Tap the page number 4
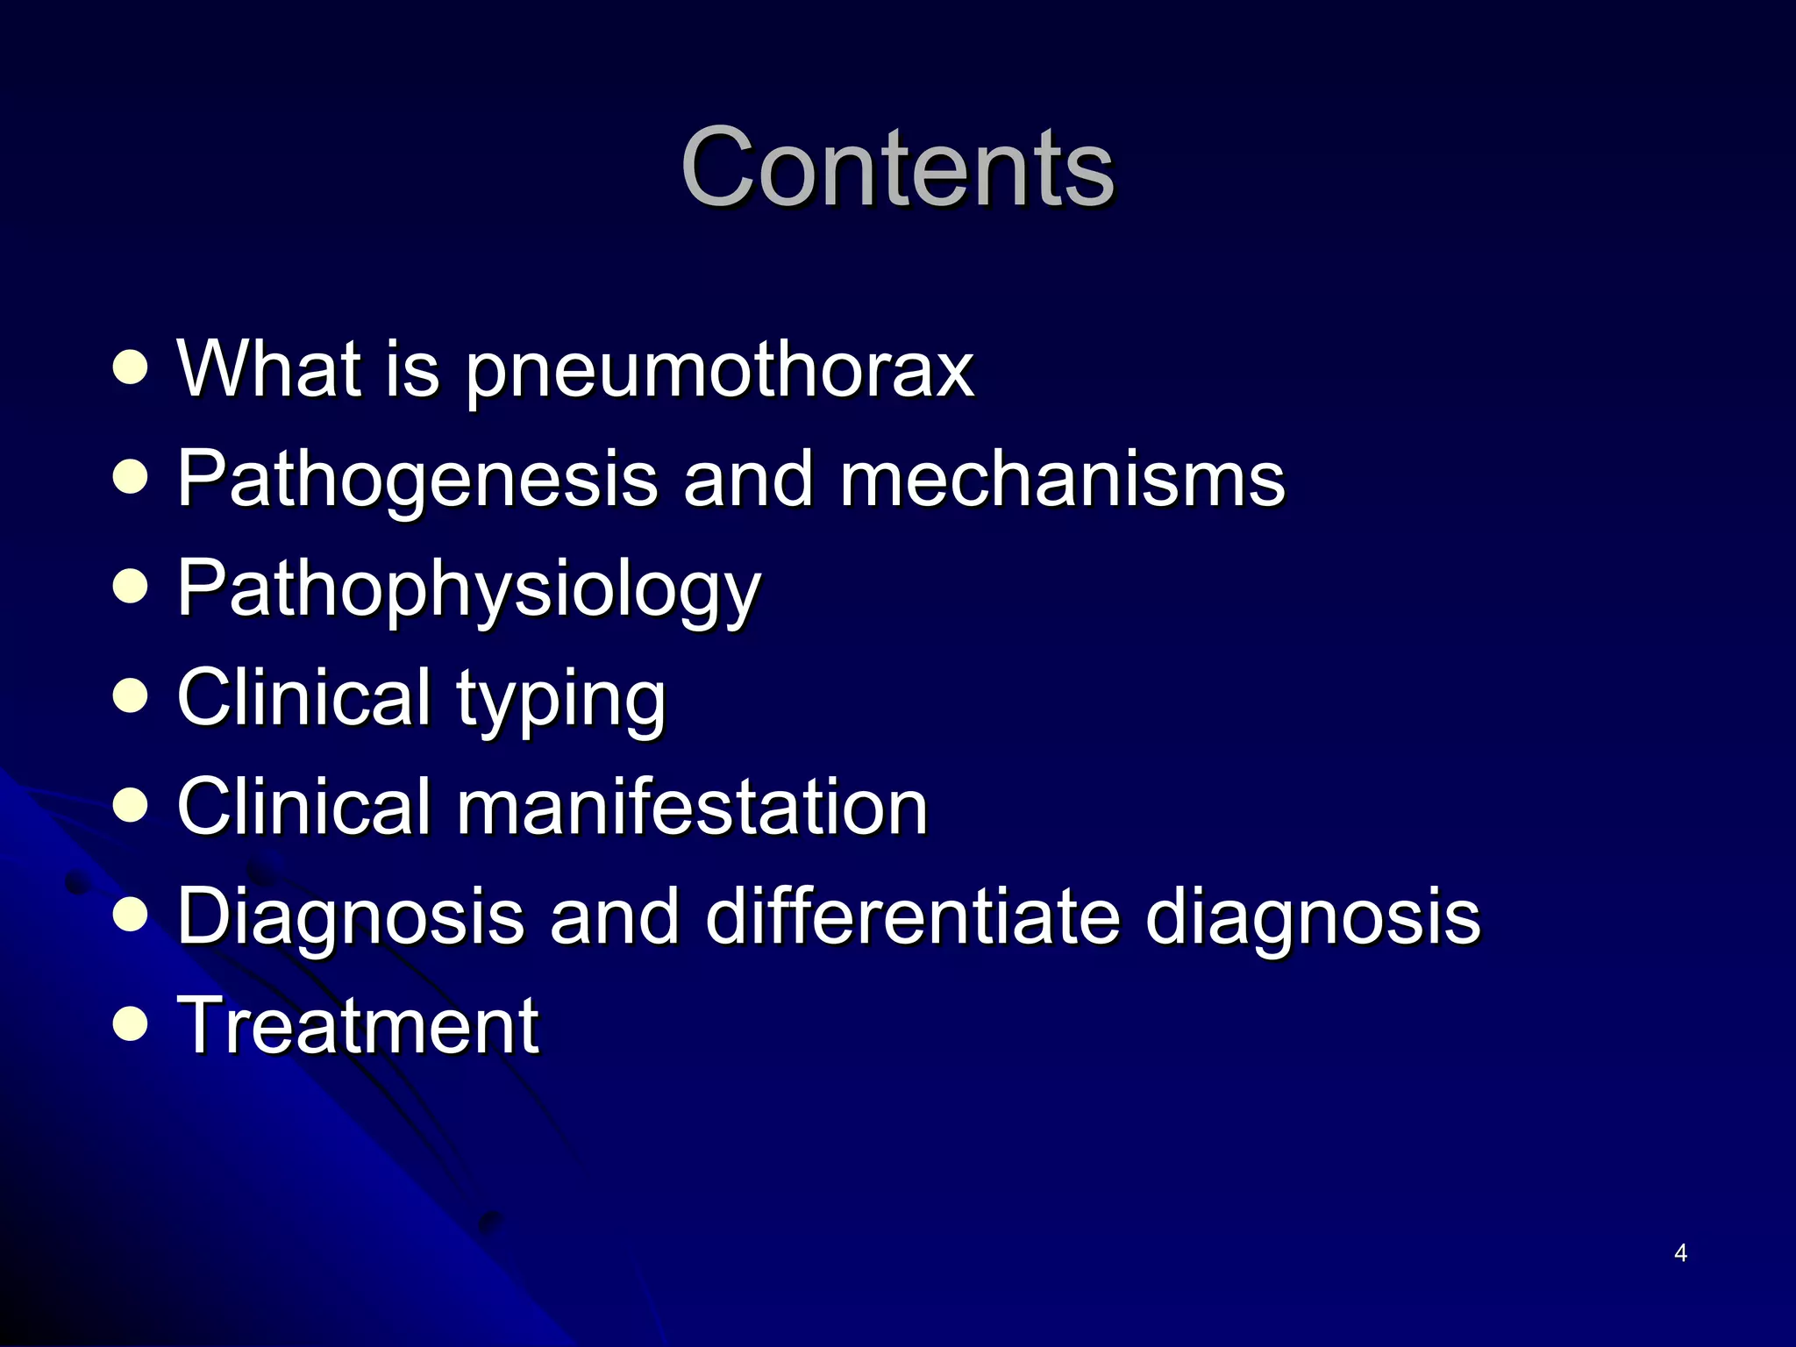click(1680, 1253)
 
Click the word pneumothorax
click(719, 370)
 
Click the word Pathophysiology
click(469, 589)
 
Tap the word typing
click(561, 699)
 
